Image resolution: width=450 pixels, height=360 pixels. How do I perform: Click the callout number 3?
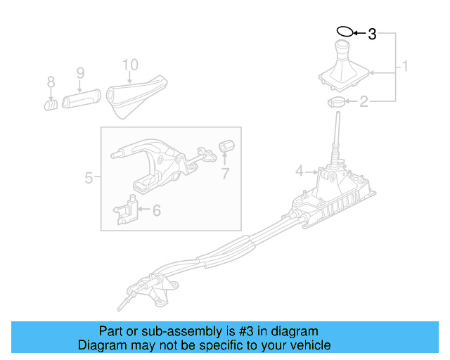(373, 33)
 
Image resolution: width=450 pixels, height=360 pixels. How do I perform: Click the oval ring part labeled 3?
(345, 32)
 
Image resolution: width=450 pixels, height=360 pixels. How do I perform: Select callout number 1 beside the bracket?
(405, 67)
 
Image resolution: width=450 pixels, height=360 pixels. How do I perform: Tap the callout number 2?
(364, 103)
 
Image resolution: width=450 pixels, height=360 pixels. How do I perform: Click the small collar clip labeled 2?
(336, 103)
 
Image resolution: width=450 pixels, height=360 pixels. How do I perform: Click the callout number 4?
(299, 170)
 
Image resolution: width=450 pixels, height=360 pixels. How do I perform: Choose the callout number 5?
(89, 178)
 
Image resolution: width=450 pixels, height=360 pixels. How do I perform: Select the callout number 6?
(156, 210)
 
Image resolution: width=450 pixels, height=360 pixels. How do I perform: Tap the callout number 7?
(225, 174)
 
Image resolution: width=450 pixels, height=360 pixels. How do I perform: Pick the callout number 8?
(51, 82)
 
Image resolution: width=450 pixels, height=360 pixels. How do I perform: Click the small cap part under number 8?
(51, 105)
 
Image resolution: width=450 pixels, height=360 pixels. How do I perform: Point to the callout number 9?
(80, 72)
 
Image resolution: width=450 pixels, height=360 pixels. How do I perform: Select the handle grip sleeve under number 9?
(83, 99)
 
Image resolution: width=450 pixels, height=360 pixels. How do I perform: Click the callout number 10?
(129, 65)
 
